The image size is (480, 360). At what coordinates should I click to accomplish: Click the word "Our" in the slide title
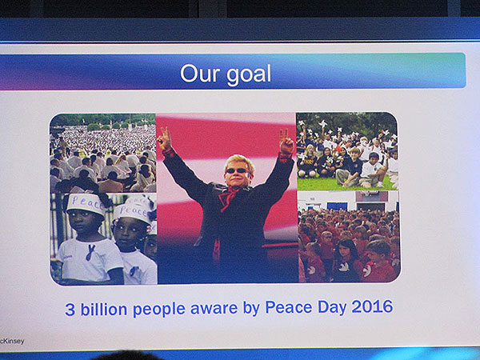click(200, 73)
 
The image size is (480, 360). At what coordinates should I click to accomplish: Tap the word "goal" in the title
click(249, 75)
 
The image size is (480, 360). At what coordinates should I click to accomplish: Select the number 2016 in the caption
click(372, 306)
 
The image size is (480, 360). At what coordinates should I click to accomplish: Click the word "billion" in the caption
click(104, 309)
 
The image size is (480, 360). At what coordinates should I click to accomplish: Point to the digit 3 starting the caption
click(70, 310)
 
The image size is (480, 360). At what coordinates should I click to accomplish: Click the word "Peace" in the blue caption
click(288, 307)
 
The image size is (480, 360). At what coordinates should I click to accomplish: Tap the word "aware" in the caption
click(214, 309)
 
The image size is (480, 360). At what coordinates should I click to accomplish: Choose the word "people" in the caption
click(158, 310)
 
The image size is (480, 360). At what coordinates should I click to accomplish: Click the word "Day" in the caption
click(332, 307)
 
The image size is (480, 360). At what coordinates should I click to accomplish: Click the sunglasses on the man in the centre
click(237, 170)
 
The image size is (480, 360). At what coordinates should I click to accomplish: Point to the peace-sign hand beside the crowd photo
click(164, 139)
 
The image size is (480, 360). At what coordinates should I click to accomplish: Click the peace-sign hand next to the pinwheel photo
click(286, 142)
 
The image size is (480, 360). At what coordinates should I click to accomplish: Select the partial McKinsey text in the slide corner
click(12, 341)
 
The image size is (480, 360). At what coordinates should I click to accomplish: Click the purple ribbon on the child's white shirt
click(90, 253)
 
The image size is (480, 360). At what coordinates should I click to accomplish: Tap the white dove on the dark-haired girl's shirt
click(344, 267)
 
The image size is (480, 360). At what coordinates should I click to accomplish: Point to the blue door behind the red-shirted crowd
click(337, 206)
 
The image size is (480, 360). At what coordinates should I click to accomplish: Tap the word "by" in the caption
click(250, 309)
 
